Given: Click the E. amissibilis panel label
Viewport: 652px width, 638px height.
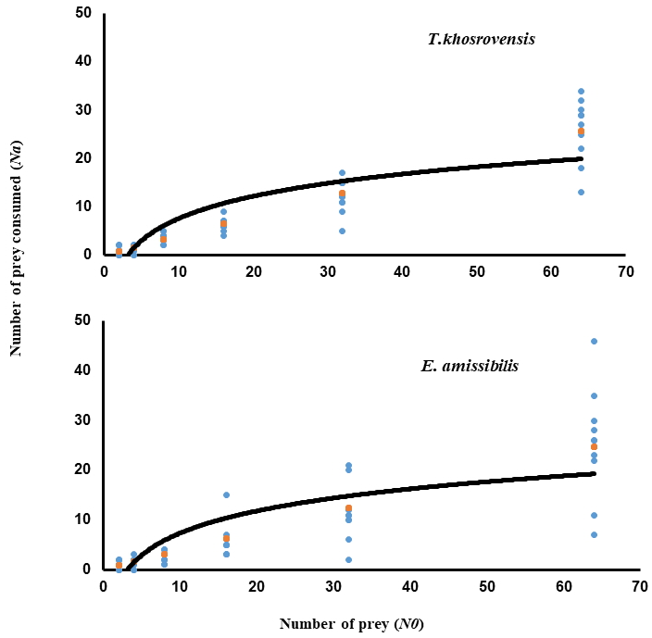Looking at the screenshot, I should (470, 365).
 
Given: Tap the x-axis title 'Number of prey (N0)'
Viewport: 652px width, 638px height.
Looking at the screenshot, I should (351, 623).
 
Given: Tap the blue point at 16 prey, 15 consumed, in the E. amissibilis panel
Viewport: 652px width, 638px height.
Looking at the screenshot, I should (226, 494).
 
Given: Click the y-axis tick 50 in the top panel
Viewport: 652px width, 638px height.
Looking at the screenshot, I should (83, 13).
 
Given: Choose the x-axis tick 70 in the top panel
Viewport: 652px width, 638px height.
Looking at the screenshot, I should (625, 271).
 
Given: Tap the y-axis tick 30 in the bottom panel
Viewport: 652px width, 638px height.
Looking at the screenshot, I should (83, 419).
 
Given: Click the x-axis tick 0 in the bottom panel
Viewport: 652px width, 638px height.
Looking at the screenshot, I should (103, 586).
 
